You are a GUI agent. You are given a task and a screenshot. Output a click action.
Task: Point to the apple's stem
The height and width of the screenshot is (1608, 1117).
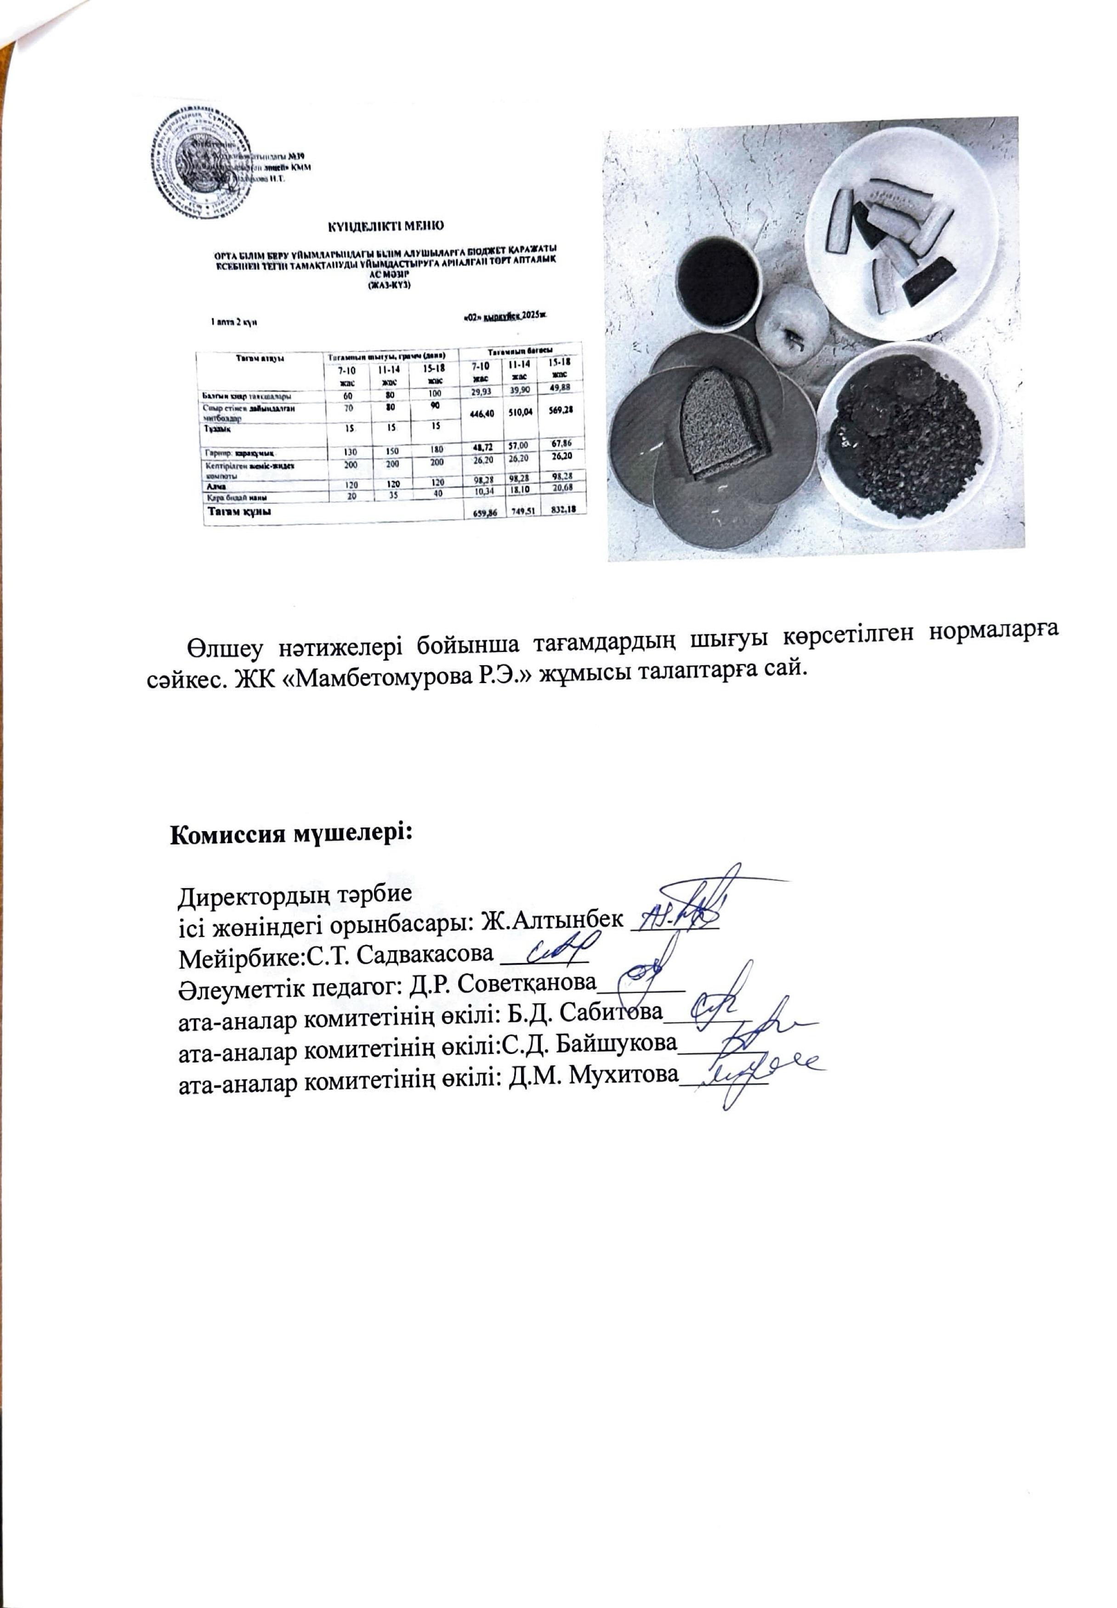pyautogui.click(x=793, y=341)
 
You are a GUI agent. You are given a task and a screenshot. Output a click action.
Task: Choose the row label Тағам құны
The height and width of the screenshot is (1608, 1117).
pyautogui.click(x=238, y=512)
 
